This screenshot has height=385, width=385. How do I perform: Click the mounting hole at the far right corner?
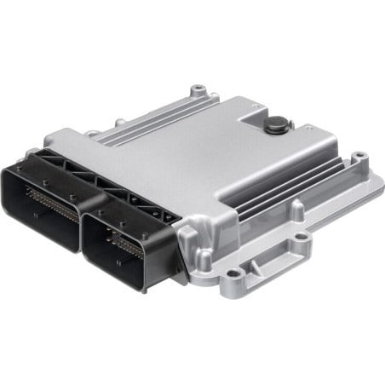[x=359, y=157]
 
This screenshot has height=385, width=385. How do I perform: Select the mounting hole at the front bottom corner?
[x=233, y=274]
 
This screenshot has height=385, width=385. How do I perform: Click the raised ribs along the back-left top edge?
[x=141, y=127]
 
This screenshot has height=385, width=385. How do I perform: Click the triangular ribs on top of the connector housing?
[x=94, y=175]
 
